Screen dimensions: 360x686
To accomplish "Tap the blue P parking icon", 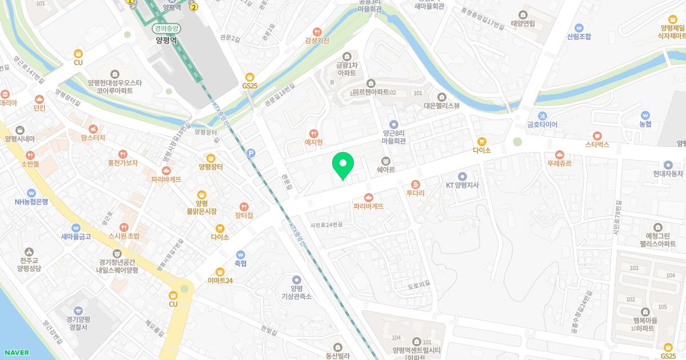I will point(250,153).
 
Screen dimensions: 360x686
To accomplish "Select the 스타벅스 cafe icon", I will point(597,135).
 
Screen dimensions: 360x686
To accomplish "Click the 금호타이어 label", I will point(542,124).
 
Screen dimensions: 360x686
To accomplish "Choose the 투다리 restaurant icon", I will point(415,184).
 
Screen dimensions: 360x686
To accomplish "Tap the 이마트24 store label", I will point(220,281).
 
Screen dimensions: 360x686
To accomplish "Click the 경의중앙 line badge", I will point(166,28).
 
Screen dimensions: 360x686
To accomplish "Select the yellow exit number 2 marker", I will point(194,7).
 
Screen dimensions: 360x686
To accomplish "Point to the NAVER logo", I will point(15,353).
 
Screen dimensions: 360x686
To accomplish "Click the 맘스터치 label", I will point(93,138).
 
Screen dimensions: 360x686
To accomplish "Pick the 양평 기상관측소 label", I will point(296,293).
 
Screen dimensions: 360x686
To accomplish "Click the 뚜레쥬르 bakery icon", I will point(559,154).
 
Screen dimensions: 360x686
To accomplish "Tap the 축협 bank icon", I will point(240,254).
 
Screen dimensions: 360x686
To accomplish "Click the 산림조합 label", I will point(579,37).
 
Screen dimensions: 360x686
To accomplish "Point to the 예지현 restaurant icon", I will point(313,133).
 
